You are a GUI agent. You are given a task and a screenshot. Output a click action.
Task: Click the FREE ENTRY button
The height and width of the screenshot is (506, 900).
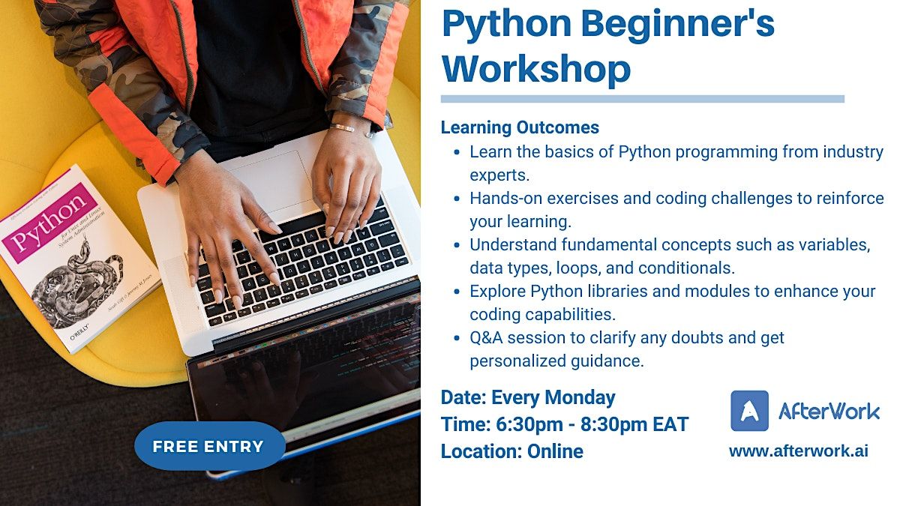[x=209, y=447]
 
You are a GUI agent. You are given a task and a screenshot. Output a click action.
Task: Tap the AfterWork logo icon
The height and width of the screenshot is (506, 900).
[x=749, y=411]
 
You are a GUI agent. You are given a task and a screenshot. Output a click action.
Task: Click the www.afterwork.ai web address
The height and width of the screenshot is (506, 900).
[x=798, y=451]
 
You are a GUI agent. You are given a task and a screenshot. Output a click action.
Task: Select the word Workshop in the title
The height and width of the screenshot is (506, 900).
[x=535, y=69]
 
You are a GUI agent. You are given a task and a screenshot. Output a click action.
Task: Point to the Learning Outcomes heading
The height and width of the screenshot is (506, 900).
[x=520, y=127]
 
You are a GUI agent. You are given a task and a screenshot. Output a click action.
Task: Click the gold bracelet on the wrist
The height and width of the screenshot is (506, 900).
[x=343, y=128]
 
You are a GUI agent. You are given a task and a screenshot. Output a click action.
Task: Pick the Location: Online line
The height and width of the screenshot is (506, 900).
[x=511, y=451]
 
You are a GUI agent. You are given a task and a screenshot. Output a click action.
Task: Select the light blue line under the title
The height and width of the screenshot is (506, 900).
[x=642, y=99]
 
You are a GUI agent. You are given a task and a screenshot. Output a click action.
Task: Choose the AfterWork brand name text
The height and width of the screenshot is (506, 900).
[x=829, y=411]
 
